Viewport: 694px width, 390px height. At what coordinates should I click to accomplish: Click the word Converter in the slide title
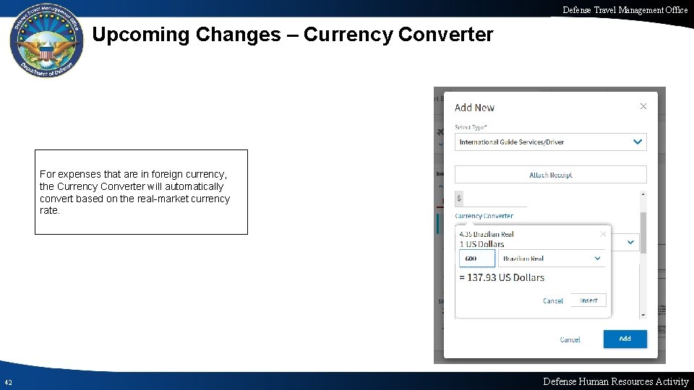coord(445,35)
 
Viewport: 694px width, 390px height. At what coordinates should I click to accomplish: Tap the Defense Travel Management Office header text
coord(625,9)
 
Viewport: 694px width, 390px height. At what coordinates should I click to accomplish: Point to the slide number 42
coord(7,382)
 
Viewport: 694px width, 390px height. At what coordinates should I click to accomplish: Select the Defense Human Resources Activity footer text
coord(615,381)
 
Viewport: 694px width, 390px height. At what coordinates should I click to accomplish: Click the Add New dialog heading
coord(474,108)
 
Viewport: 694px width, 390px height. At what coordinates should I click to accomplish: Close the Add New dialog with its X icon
coord(643,106)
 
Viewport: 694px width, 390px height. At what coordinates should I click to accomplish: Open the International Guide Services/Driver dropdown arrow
coord(637,142)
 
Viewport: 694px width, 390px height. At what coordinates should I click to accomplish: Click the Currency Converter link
coord(484,216)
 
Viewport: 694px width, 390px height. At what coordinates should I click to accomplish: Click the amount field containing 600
coord(476,259)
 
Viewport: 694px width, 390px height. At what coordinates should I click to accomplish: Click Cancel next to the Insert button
coord(553,300)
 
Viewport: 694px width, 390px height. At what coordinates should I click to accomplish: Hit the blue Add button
coord(625,339)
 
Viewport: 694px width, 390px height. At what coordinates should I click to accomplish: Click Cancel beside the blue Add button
coord(570,339)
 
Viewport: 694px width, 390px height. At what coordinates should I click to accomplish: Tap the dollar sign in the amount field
coord(459,198)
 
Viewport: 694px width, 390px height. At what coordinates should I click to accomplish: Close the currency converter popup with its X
coord(603,234)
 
